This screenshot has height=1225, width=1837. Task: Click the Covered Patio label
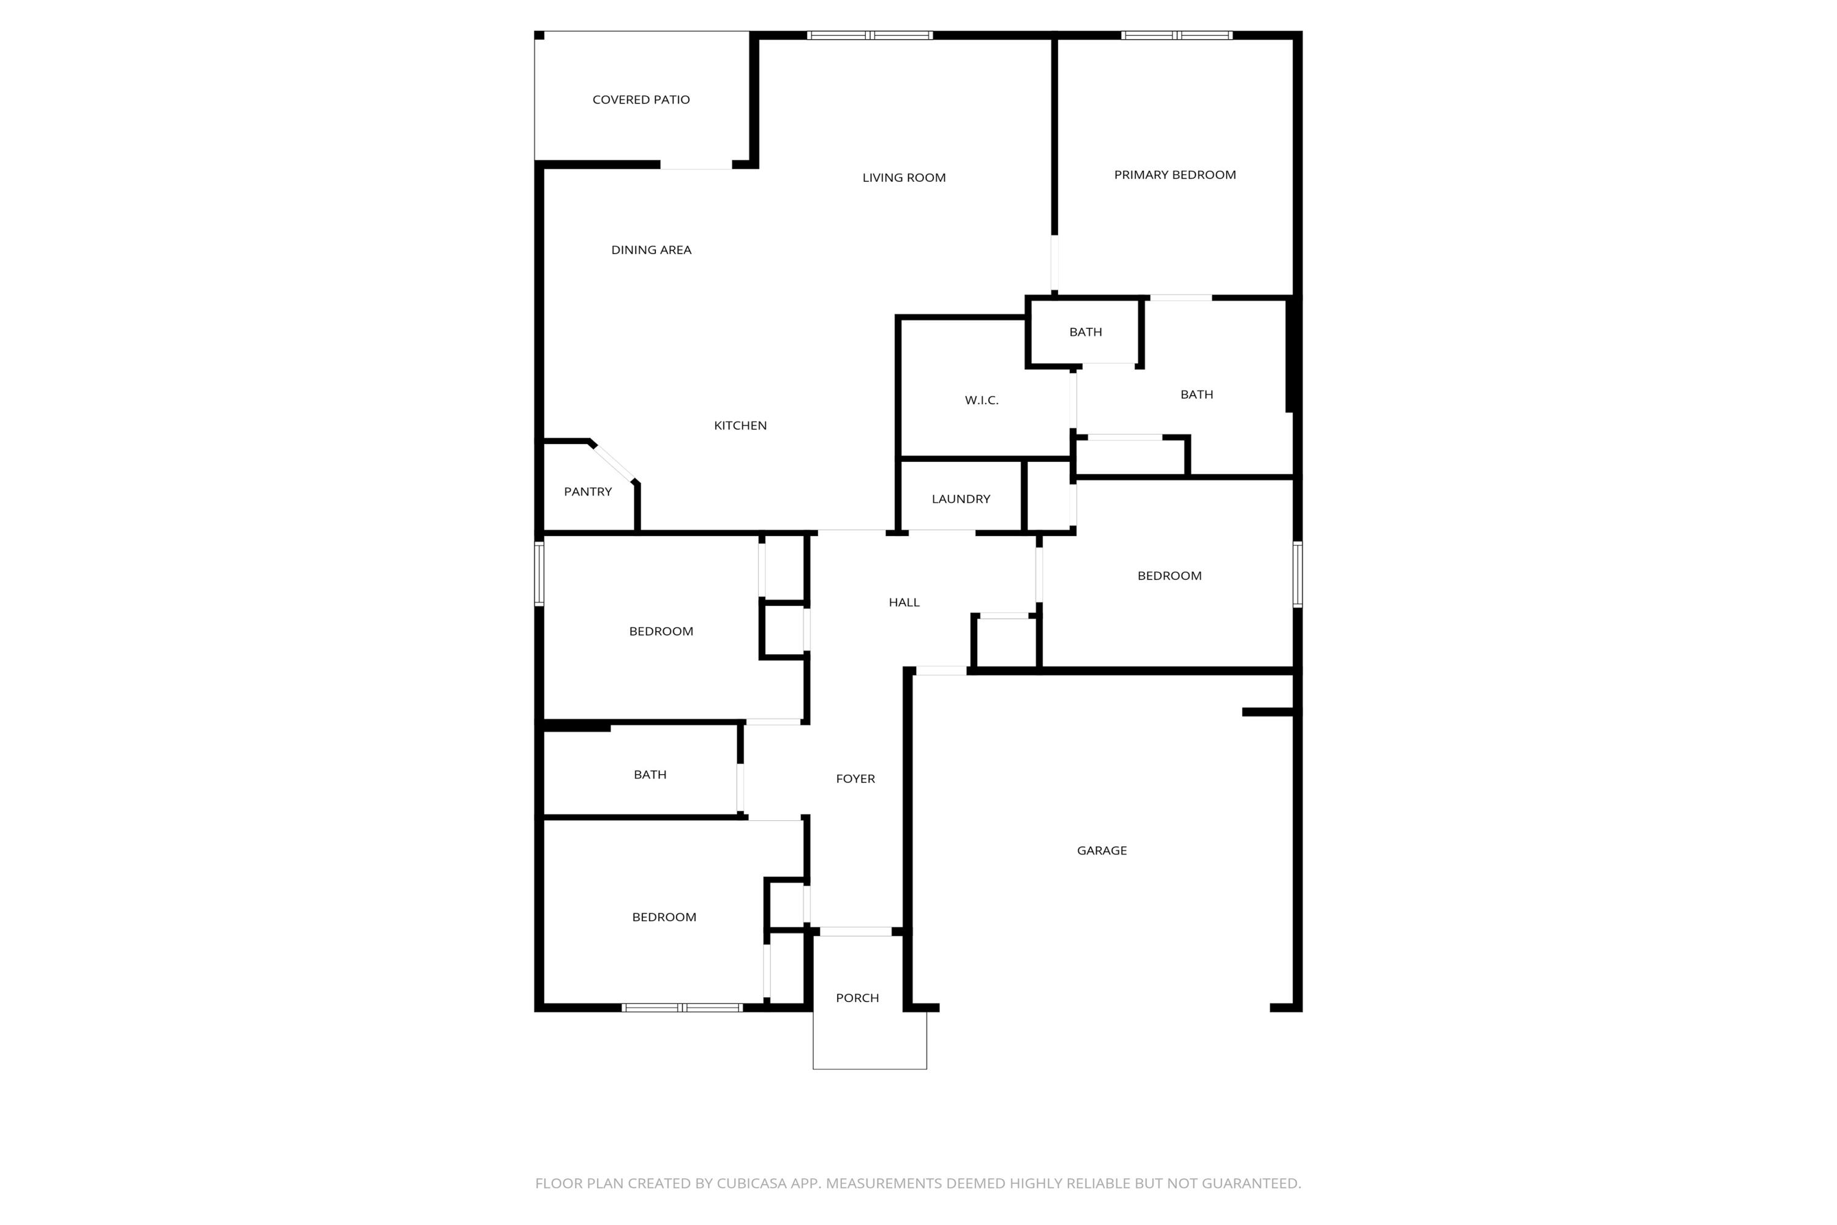641,100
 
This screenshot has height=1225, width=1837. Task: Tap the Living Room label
904,178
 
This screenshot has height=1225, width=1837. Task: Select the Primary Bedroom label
1174,175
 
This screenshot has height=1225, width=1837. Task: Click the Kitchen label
740,426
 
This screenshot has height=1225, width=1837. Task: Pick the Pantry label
587,492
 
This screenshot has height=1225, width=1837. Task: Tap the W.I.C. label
981,401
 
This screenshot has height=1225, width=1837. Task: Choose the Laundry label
961,499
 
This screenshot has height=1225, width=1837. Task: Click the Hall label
904,602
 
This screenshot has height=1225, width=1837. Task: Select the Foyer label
855,779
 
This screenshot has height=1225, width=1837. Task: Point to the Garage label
1101,851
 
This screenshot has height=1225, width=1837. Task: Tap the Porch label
857,998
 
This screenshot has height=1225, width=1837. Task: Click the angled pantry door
614,462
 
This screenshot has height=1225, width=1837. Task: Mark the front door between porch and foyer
855,931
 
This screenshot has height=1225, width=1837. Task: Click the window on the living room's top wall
870,35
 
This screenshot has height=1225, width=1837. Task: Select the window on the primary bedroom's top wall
1176,35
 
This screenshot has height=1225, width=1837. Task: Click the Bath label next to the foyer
650,775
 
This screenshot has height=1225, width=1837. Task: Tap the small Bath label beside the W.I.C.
1085,332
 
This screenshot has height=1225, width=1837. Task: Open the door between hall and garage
941,670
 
